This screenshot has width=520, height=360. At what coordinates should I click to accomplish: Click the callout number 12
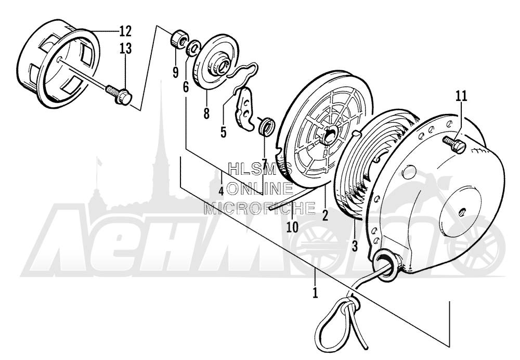[x=125, y=32]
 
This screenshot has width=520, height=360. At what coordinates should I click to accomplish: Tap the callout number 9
[x=175, y=72]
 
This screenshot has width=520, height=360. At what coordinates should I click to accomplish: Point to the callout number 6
[x=186, y=87]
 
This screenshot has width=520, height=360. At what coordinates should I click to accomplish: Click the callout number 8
[x=206, y=113]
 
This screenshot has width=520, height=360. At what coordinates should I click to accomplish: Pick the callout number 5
[x=223, y=132]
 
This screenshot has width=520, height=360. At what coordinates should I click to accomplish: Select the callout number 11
[x=461, y=96]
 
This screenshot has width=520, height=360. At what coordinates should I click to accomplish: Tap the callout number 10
[x=293, y=227]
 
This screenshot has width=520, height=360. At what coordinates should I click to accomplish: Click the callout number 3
[x=355, y=246]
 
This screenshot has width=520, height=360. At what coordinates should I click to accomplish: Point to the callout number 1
[x=315, y=293]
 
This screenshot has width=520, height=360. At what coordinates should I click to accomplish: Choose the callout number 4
[x=221, y=191]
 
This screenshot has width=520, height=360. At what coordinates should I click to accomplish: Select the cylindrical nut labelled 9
[x=179, y=39]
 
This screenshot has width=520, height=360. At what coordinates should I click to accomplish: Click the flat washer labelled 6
[x=193, y=48]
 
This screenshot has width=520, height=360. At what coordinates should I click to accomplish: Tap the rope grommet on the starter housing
[x=385, y=259]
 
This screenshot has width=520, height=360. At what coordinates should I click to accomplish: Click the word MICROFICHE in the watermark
[x=259, y=208]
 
